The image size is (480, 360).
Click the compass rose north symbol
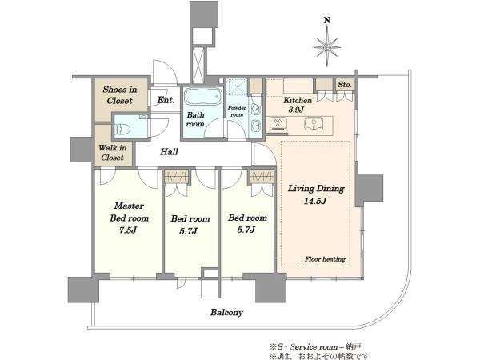327,47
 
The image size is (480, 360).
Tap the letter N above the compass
327,20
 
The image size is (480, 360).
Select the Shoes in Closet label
120,95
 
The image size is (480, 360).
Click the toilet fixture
123,128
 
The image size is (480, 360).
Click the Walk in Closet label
112,153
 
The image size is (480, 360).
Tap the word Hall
169,151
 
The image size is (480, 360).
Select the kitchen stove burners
278,123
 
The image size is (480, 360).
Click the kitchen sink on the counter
314,124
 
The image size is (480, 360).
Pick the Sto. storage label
345,84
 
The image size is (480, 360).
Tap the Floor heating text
325,259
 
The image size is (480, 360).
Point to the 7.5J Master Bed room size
128,230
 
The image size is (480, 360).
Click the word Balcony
226,313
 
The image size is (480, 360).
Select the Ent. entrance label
166,100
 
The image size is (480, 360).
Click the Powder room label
237,111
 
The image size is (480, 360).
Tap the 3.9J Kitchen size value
296,110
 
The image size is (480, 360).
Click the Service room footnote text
315,347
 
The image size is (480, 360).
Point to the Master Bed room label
129,212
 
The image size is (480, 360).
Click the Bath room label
195,119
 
